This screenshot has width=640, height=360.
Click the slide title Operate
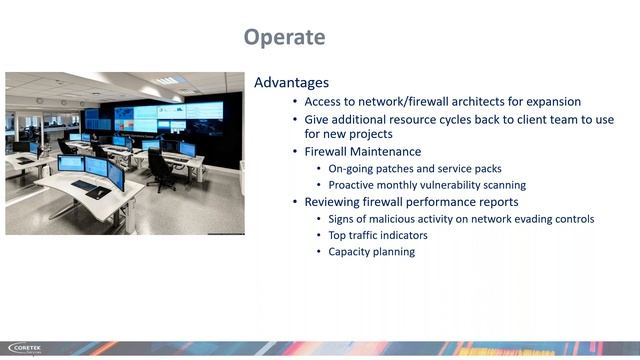tap(285, 38)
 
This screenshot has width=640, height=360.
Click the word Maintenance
tap(386, 152)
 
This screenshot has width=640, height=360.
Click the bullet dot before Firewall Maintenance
tap(294, 152)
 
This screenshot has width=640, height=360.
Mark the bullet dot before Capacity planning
tap(319, 252)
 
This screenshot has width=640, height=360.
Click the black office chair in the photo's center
tap(161, 170)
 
